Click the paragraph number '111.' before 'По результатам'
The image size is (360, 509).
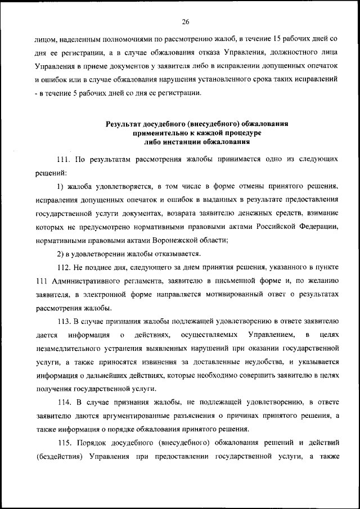[x=65, y=160]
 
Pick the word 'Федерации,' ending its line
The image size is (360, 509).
[x=318, y=227]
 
